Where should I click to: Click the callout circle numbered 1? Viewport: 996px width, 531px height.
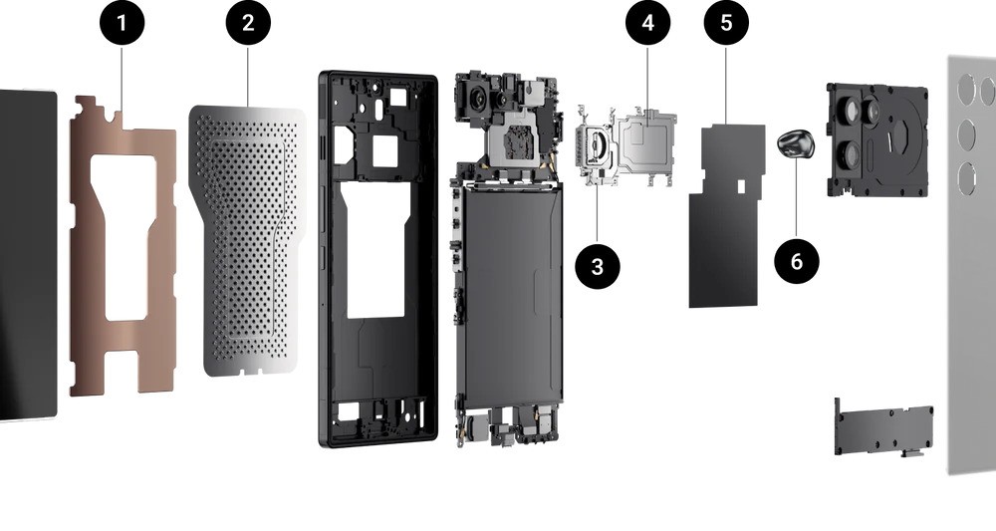click(122, 23)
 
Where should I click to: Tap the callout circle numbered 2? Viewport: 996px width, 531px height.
click(248, 23)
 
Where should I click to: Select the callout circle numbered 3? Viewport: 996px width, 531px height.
click(597, 267)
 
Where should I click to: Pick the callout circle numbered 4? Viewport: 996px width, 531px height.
click(648, 23)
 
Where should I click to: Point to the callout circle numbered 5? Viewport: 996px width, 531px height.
click(726, 23)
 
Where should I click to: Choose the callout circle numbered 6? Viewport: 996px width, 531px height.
click(797, 261)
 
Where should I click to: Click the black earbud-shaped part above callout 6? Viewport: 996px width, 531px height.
click(795, 143)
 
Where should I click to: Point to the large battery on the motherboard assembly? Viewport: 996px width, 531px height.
click(512, 295)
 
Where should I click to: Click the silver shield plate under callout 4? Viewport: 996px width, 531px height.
click(644, 142)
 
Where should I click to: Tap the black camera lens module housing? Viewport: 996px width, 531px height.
click(877, 139)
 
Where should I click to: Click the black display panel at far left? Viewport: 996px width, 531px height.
click(28, 254)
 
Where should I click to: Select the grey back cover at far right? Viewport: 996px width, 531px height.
click(972, 265)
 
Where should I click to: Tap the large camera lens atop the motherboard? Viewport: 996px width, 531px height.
click(478, 98)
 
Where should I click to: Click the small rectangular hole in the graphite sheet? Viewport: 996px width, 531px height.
click(739, 186)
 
